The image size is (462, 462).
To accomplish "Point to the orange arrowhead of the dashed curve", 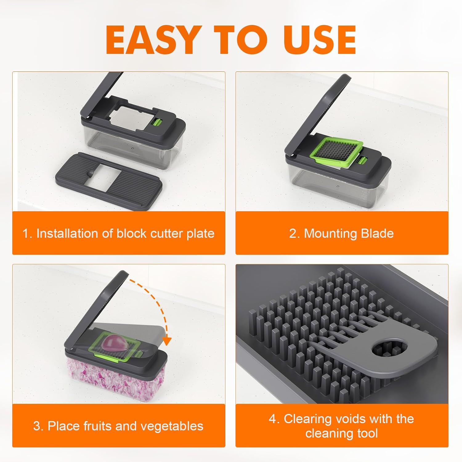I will pyautogui.click(x=167, y=341).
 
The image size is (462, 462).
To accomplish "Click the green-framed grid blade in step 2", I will pyautogui.click(x=337, y=149).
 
